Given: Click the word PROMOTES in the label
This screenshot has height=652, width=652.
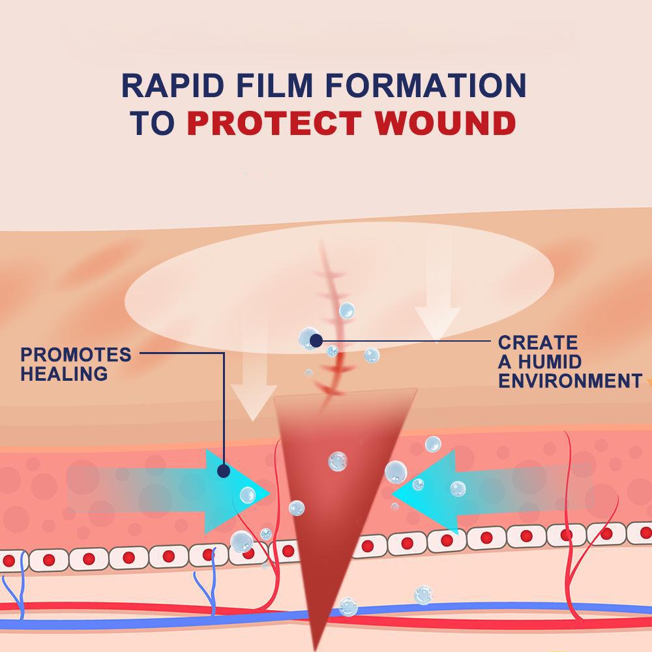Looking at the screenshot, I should point(76,355).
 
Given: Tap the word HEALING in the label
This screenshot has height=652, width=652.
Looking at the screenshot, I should point(64,374).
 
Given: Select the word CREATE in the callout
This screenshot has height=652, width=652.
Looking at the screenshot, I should point(537,343).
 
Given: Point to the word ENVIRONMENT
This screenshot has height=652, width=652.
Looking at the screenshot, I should point(570,381).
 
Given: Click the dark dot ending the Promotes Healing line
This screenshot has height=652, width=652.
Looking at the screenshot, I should point(224,470).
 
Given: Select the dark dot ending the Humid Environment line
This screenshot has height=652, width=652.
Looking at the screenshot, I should point(316,340).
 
